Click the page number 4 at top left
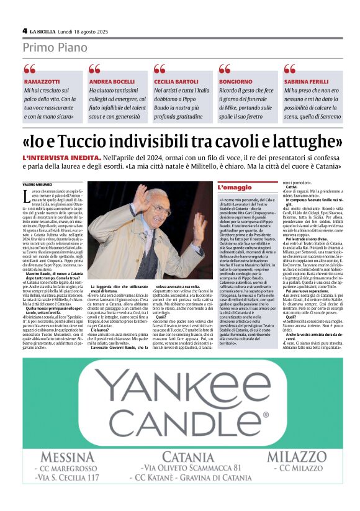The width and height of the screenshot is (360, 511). coord(25,30)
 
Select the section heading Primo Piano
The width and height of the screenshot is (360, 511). coord(56,48)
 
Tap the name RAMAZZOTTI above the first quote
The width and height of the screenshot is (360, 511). coord(42,82)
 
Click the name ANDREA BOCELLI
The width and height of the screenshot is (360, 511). coord(112,82)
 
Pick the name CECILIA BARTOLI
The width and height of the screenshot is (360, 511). coord(176,82)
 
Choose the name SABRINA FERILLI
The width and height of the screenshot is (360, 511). coord(308,82)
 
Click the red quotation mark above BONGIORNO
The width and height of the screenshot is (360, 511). coord(224,69)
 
